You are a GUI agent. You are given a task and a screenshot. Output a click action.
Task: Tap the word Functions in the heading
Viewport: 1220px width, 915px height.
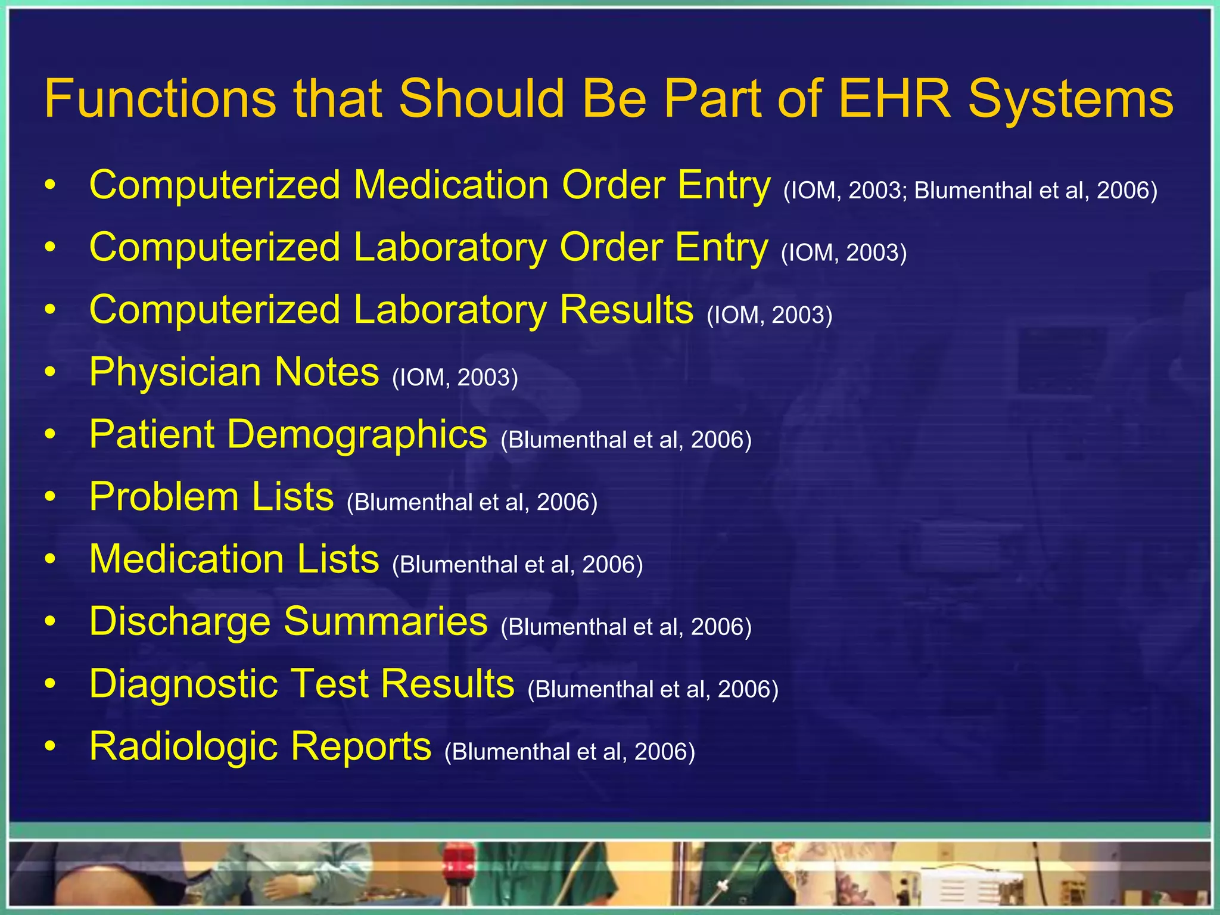point(160,98)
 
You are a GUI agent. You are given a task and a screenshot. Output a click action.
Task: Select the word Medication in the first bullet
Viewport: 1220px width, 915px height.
point(451,185)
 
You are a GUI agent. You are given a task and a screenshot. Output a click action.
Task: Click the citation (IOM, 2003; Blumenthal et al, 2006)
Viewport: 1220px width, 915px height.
point(970,191)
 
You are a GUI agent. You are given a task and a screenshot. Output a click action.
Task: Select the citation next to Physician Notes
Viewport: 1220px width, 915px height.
point(455,378)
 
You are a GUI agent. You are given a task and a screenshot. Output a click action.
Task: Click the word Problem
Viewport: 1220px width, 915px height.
point(163,496)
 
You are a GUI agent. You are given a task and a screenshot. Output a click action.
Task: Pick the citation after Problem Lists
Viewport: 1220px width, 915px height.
point(472,502)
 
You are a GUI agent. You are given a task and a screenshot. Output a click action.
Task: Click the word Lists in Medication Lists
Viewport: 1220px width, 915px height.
point(338,559)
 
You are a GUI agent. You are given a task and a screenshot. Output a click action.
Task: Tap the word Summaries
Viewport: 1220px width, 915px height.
point(385,621)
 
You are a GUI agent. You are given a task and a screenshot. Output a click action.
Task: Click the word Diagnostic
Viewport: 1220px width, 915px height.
point(183,684)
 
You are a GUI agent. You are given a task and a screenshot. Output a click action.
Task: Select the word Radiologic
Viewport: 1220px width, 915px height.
point(183,747)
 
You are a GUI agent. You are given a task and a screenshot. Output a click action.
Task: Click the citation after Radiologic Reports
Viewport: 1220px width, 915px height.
point(569,752)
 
